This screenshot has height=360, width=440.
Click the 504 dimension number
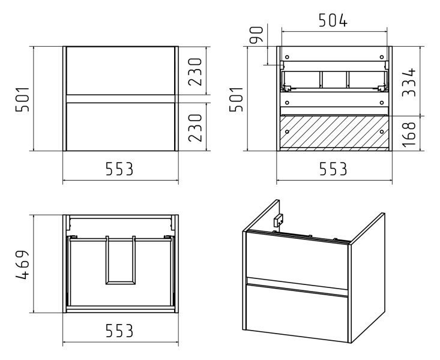click(x=333, y=20)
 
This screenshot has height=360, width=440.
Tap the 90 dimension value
click(x=256, y=35)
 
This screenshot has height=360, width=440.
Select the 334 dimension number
click(x=409, y=82)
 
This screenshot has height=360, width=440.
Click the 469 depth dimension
click(x=22, y=265)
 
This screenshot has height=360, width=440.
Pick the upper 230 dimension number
click(x=195, y=72)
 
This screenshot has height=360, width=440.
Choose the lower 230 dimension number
click(x=195, y=128)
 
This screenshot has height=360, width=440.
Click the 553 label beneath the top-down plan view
click(x=119, y=331)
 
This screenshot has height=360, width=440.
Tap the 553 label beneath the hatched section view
click(x=333, y=169)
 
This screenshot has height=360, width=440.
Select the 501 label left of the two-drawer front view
click(x=22, y=100)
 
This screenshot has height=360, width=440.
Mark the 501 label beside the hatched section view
click(x=236, y=100)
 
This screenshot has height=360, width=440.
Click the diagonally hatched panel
click(x=334, y=131)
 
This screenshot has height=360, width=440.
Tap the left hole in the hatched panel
click(x=287, y=131)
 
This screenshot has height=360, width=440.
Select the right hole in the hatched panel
click(x=381, y=131)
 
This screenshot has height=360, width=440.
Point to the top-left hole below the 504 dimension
click(x=287, y=57)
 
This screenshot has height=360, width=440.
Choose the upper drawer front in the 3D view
click(x=297, y=259)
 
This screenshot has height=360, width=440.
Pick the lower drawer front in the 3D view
click(x=297, y=312)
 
